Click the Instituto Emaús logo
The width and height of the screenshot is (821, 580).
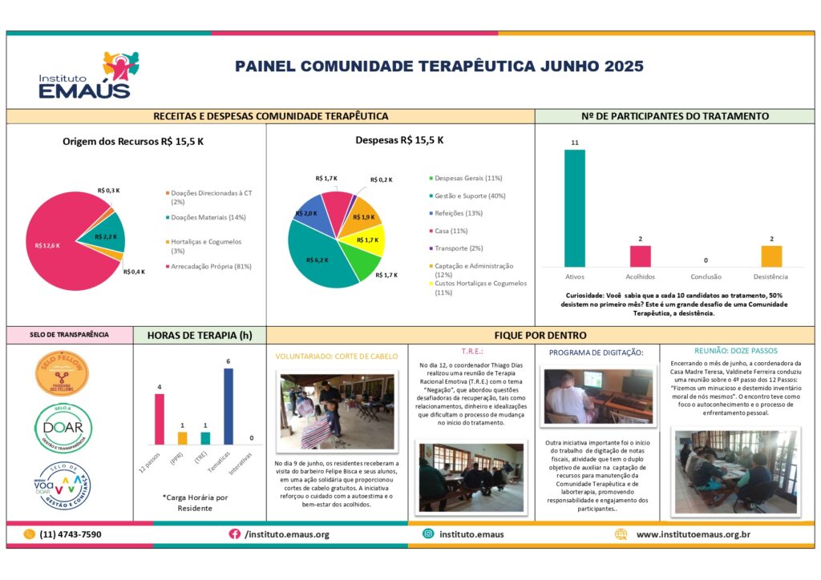coord(85,76)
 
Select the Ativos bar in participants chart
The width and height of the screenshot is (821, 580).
coord(574,208)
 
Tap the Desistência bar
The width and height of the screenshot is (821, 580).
coord(771,256)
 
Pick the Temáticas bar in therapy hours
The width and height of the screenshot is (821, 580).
coord(228,406)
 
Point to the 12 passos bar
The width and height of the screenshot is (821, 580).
coord(160,418)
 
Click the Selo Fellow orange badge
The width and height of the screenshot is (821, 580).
coord(63,373)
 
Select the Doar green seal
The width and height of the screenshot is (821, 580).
coord(63,428)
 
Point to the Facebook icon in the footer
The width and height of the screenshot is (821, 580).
coord(235,534)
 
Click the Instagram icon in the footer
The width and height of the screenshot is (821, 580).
coord(429,534)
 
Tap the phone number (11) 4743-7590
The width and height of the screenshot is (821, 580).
coord(70,534)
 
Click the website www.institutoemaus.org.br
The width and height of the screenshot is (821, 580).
coord(694,534)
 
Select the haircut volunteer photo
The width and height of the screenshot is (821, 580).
coord(337,411)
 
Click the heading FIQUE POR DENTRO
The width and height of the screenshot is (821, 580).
coord(540,335)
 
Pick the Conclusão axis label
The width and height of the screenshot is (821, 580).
coord(706,276)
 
